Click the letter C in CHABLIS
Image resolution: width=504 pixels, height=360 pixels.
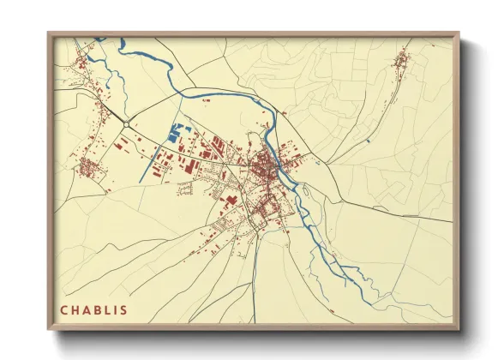point(64,309)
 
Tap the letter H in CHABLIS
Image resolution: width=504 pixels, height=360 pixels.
point(76,309)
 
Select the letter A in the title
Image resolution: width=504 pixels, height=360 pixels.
point(88,309)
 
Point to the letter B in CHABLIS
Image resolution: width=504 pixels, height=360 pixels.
point(99,309)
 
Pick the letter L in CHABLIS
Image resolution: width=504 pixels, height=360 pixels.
point(111,309)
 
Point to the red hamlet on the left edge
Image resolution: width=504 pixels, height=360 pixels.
point(88,167)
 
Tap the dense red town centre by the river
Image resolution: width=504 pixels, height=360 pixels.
point(271,163)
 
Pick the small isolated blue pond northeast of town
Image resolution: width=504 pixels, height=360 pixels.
point(367,140)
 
